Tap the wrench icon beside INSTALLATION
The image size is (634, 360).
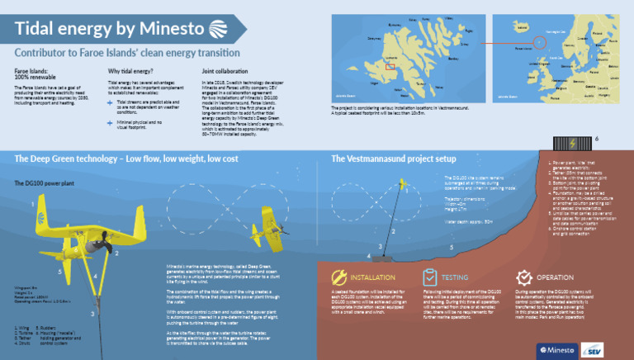[339, 277]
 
